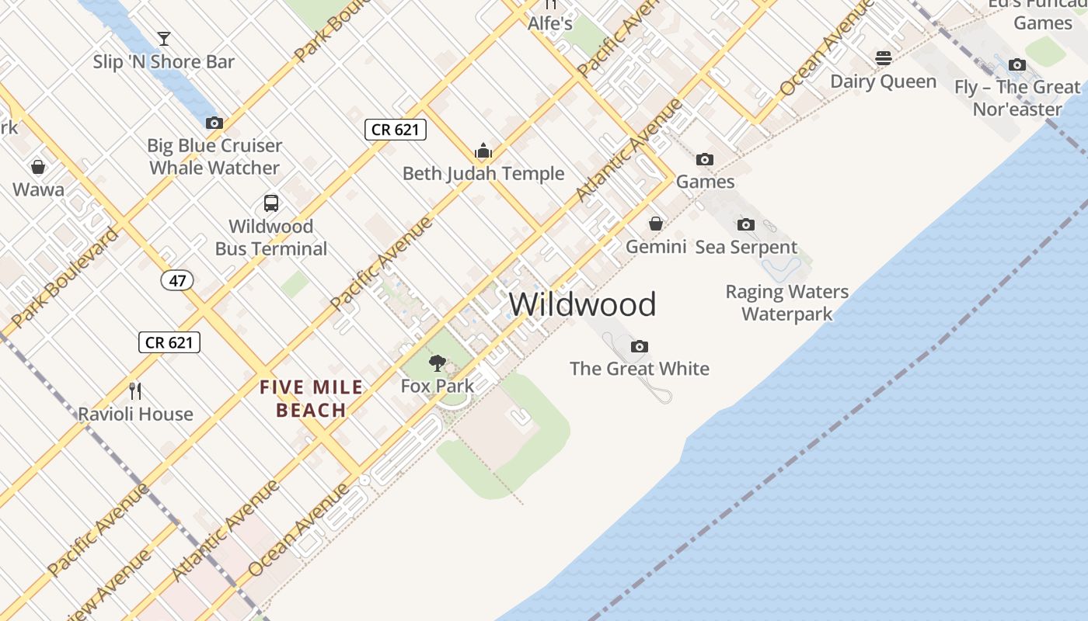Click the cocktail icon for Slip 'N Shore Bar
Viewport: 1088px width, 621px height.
point(163,38)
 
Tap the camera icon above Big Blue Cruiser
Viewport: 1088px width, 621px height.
point(214,123)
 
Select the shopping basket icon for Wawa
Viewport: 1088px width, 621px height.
point(37,167)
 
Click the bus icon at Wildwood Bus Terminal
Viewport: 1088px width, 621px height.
point(270,203)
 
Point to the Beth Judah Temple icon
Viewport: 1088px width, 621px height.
point(483,151)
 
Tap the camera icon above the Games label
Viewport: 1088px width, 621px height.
point(705,160)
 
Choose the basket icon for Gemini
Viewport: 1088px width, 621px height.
point(656,224)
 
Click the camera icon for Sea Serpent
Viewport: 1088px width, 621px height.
point(745,225)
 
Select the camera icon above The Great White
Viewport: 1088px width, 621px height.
point(639,346)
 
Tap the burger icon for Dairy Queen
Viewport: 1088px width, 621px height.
point(883,58)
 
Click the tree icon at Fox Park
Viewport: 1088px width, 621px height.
point(438,363)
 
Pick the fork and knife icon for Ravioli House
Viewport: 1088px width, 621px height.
point(135,390)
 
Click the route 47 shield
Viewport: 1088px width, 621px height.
point(177,280)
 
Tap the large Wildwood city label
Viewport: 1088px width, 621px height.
point(582,304)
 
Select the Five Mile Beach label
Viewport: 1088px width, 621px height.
point(311,398)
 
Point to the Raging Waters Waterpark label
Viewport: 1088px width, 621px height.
point(786,303)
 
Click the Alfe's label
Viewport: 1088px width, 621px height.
point(550,24)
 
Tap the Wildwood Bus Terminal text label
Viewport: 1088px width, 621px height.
point(271,238)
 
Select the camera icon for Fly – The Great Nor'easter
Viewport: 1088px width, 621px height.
point(1017,65)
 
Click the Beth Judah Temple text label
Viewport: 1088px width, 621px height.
point(483,174)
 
